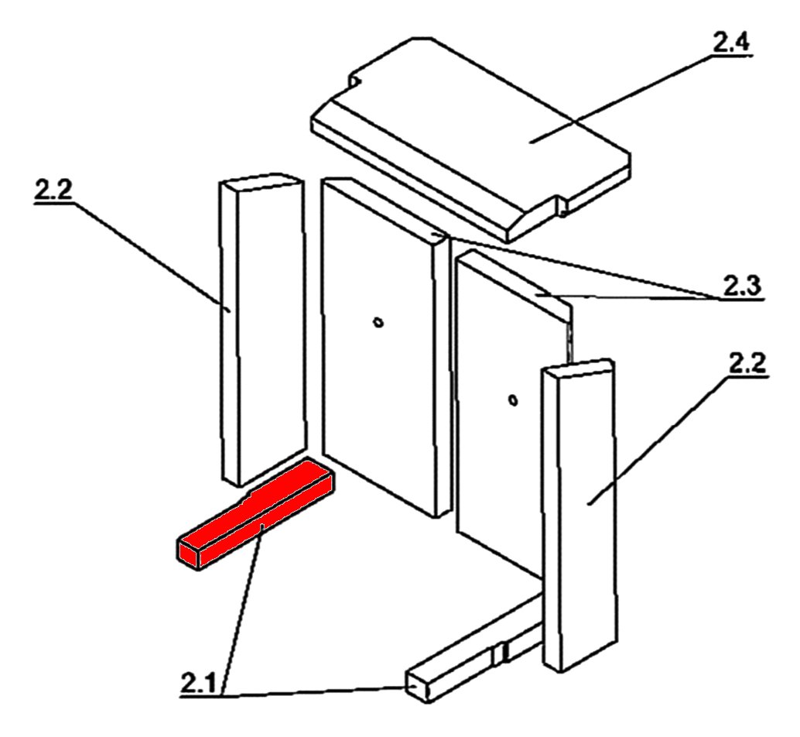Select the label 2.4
731,43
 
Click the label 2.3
741,286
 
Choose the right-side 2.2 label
747,365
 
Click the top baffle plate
470,138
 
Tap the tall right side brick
579,516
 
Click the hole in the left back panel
378,323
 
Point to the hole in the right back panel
513,400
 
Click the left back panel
385,347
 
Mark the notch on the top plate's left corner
356,81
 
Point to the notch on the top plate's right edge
561,204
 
